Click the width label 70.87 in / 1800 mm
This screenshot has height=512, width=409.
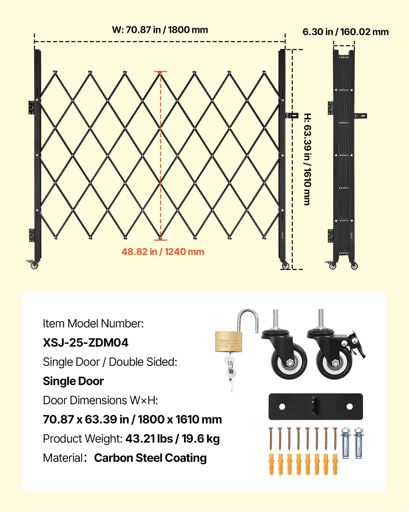[x=160, y=30]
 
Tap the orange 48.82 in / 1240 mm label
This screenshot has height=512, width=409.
[x=163, y=252]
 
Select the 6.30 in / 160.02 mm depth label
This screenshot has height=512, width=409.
[x=346, y=32]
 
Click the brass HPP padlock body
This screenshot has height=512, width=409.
[x=229, y=342]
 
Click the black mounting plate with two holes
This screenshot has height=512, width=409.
[x=316, y=407]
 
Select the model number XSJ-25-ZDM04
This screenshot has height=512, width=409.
[x=85, y=343]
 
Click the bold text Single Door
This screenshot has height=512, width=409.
[x=73, y=381]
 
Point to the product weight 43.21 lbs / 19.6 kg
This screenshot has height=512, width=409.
[x=173, y=439]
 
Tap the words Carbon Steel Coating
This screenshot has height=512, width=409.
[x=150, y=458]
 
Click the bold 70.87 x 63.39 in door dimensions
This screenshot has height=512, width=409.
[x=132, y=419]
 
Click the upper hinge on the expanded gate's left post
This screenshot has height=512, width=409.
[x=31, y=107]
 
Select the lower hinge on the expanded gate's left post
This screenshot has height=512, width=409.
[x=31, y=235]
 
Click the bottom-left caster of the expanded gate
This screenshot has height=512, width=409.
[x=33, y=265]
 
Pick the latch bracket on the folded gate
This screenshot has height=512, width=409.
[x=361, y=116]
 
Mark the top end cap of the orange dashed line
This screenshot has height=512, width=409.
[x=160, y=71]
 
